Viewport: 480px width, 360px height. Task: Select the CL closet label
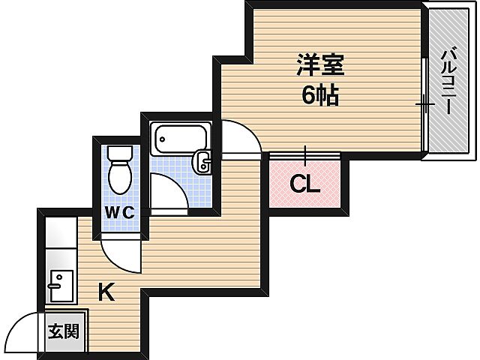tap(305, 184)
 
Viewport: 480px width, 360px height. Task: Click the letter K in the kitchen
tap(107, 292)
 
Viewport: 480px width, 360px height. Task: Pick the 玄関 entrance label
tap(64, 330)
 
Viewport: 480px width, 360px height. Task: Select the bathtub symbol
tap(179, 139)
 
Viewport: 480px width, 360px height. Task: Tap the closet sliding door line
tap(306, 156)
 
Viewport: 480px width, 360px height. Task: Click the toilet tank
tap(119, 153)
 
